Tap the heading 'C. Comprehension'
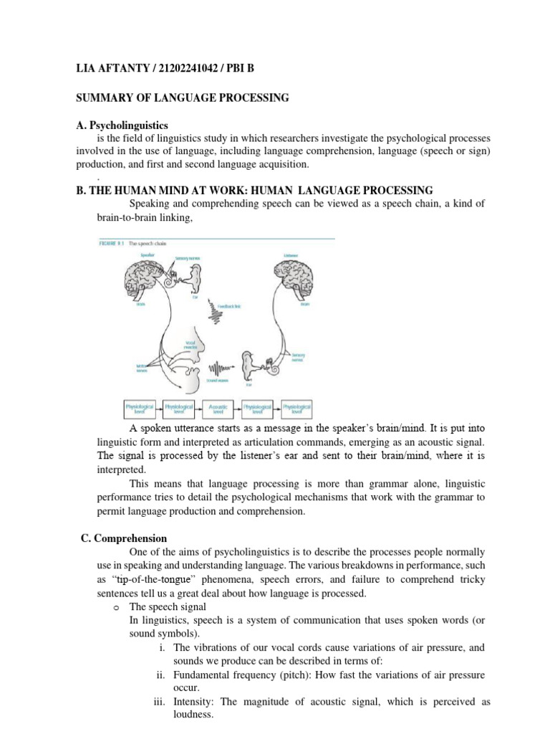point(124,538)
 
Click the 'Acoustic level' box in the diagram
point(218,409)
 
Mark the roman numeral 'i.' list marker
point(163,648)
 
